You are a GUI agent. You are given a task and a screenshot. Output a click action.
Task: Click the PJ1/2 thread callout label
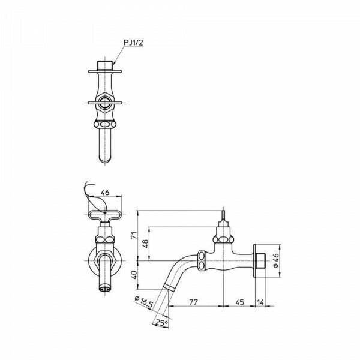tap(133, 43)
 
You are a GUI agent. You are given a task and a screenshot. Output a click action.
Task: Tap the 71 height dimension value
tap(134, 236)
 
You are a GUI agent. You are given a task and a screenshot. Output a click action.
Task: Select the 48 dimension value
tap(146, 244)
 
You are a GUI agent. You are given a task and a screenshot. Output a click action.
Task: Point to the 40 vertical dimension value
tap(134, 275)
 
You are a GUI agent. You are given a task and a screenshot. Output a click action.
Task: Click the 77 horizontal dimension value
tap(193, 302)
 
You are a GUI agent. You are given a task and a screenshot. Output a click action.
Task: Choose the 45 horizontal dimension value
tap(239, 302)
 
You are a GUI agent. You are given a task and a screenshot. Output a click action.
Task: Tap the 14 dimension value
tap(260, 302)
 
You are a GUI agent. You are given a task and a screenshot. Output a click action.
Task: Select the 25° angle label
tap(161, 323)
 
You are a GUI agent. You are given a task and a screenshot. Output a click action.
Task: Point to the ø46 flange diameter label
tap(276, 260)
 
